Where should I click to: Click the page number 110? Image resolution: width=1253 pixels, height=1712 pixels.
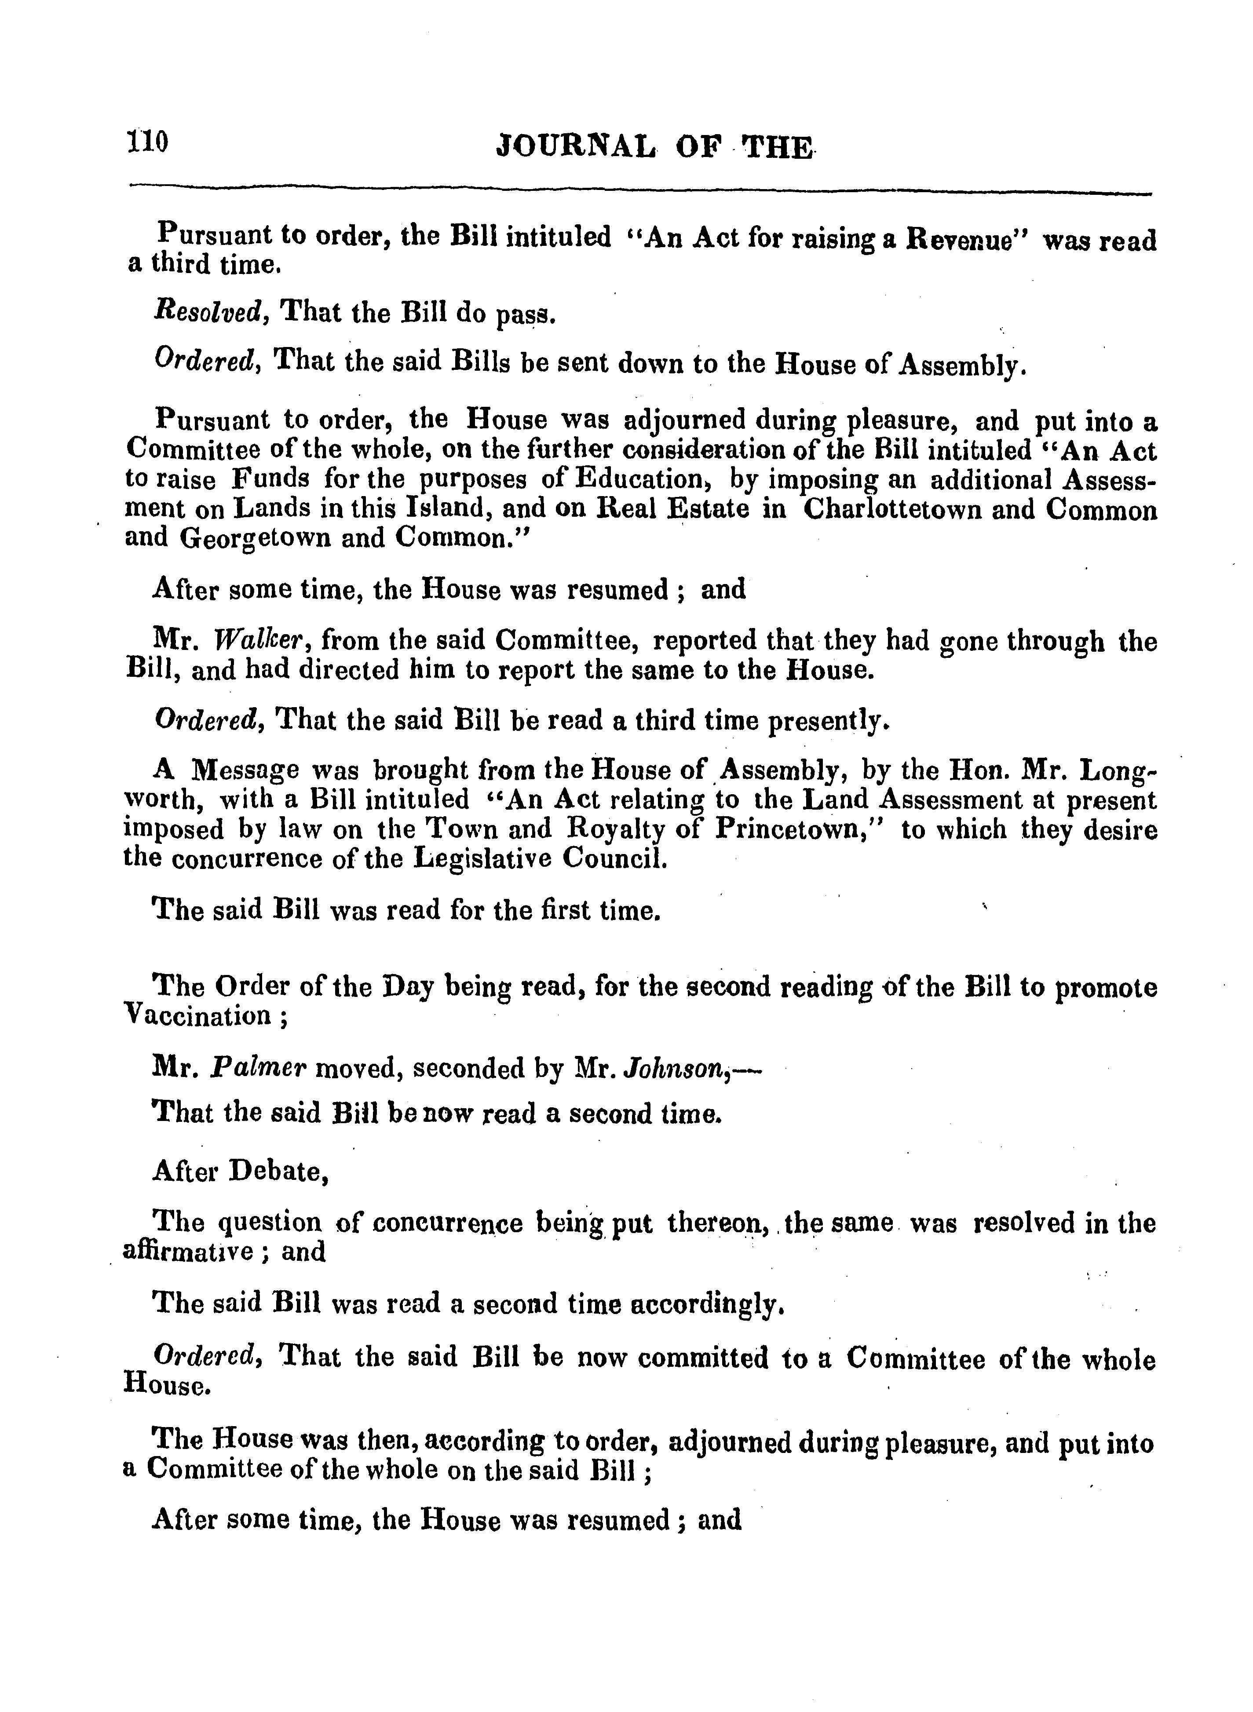147,141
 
